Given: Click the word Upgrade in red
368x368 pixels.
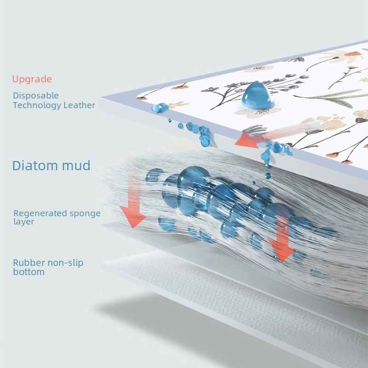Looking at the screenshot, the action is tap(32, 79).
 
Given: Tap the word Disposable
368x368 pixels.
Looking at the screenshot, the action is tap(36, 96).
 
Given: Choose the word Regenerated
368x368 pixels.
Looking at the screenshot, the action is tap(41, 213).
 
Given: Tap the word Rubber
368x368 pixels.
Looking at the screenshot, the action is tap(28, 263).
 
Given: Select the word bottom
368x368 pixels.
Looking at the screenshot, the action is tap(29, 272).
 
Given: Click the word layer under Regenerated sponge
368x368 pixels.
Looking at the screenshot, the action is tap(23, 222).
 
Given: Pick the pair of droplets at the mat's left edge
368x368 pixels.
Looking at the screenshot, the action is tap(160, 108).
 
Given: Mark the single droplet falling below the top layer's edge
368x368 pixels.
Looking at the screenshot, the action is tap(268, 176).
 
